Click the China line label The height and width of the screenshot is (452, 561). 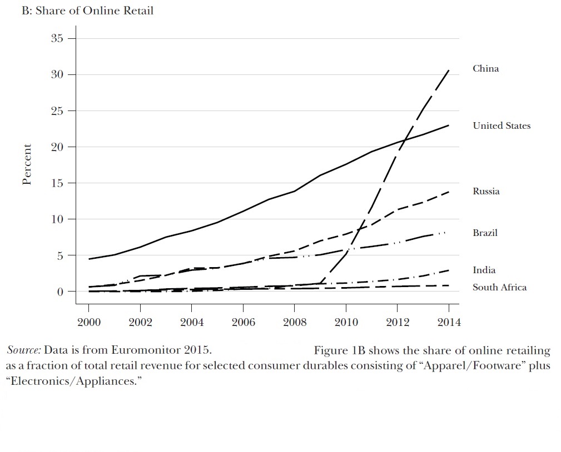[x=485, y=69]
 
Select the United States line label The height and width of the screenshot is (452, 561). [x=502, y=126]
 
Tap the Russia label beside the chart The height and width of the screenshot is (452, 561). [x=486, y=192]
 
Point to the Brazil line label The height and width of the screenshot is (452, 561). [x=485, y=233]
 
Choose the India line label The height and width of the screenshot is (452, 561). [x=484, y=270]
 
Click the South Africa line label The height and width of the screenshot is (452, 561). [x=499, y=288]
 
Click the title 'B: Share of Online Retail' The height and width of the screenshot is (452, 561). [x=87, y=11]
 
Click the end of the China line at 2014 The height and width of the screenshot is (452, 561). [x=449, y=71]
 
